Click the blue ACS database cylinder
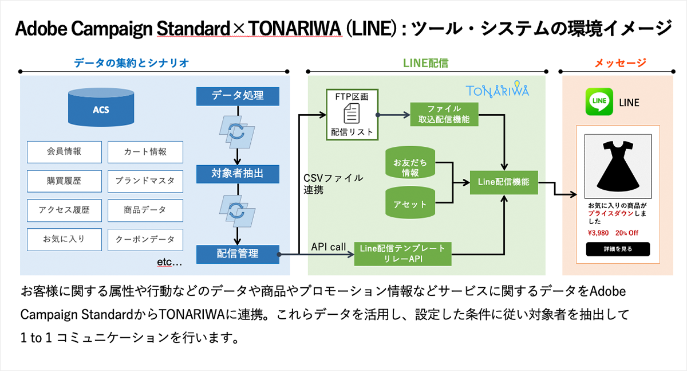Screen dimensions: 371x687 pos(101,108)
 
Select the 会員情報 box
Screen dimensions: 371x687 pos(64,152)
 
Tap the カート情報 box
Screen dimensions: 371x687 pos(145,152)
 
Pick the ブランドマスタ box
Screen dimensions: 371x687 pos(145,181)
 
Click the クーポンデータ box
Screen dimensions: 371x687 pos(145,239)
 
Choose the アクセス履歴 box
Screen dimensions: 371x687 pos(64,210)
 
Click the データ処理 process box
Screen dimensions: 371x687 pos(238,96)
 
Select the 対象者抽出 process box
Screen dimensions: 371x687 pos(238,173)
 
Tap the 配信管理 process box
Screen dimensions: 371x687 pos(238,253)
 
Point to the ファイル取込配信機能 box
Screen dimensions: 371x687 pos(444,114)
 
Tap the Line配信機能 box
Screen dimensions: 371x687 pos(503,182)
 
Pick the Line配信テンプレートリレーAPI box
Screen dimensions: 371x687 pos(402,253)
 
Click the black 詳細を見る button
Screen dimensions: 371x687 pos(618,249)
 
